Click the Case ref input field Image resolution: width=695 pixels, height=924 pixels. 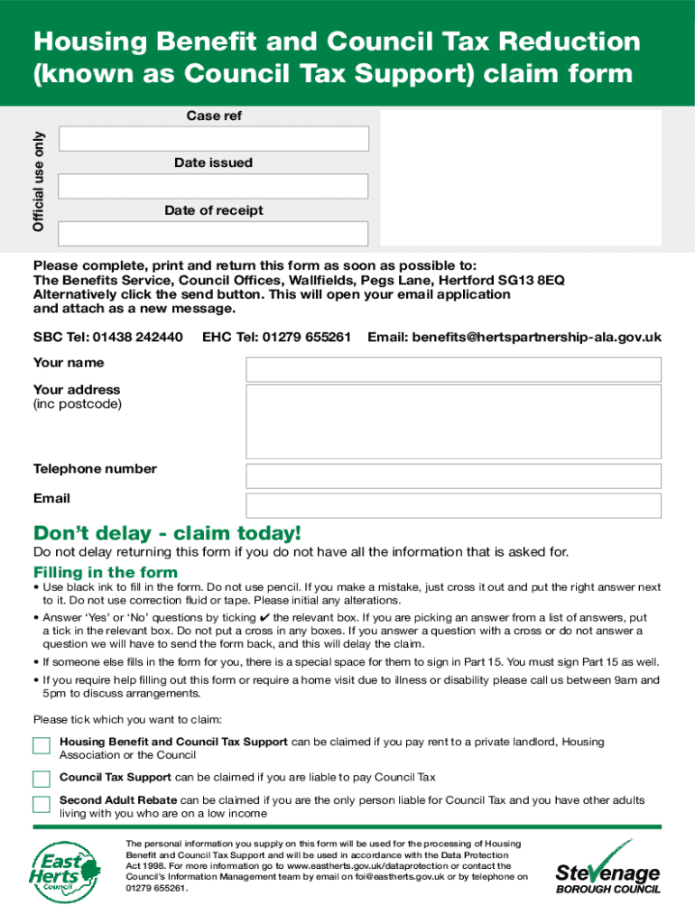tap(214, 139)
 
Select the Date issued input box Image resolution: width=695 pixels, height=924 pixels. tap(214, 186)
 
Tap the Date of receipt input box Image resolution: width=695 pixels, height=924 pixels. tap(214, 234)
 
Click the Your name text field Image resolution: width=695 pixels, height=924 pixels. tap(453, 369)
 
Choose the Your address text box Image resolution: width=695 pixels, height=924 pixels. tap(453, 419)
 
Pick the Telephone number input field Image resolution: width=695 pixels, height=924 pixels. tap(453, 476)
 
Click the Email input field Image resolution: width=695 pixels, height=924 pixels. tap(453, 505)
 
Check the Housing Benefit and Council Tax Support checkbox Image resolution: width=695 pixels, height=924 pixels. tap(42, 745)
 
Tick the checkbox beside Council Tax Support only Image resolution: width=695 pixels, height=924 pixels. tap(42, 779)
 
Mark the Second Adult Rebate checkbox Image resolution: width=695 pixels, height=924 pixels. tap(42, 804)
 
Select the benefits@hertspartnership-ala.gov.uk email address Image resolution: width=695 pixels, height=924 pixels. tap(536, 337)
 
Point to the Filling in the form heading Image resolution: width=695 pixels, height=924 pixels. tap(106, 572)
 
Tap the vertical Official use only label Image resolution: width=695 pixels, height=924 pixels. tap(39, 181)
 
